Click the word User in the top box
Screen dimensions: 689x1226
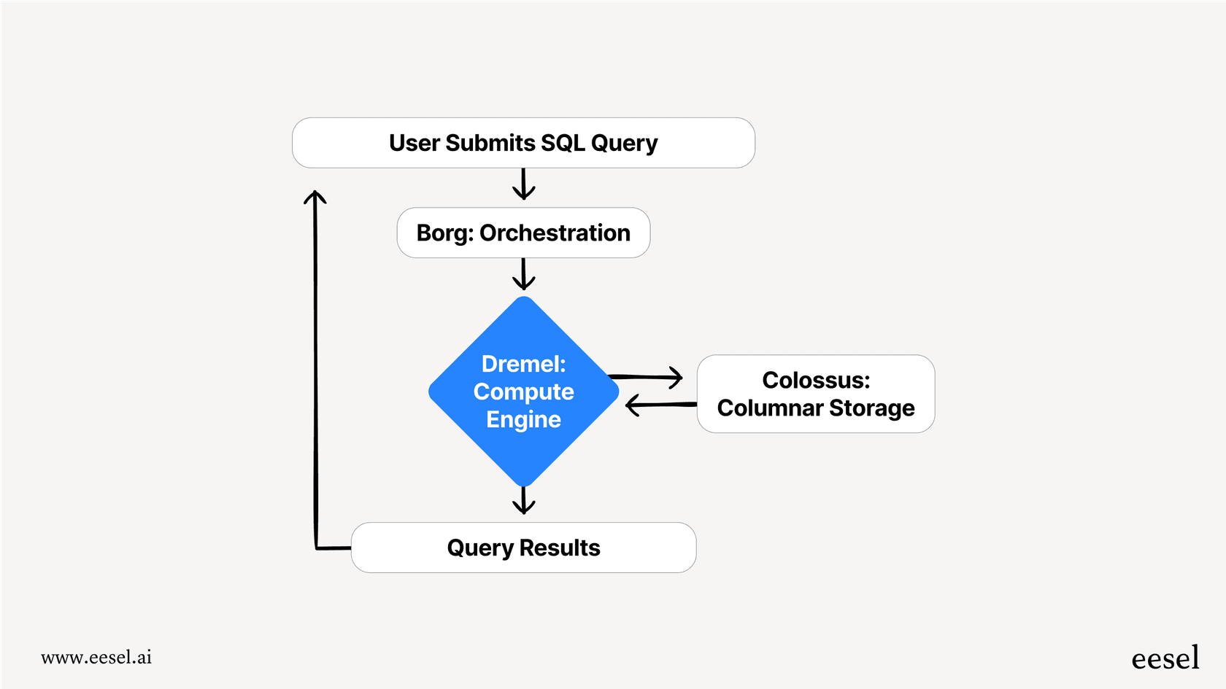point(414,143)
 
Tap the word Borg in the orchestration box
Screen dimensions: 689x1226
point(444,233)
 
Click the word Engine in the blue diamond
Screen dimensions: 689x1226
point(523,419)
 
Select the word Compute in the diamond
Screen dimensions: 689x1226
point(523,392)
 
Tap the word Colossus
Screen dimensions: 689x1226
point(815,380)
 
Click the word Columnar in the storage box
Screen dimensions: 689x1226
point(770,408)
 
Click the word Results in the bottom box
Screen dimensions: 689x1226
point(560,548)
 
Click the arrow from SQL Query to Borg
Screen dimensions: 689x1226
point(523,184)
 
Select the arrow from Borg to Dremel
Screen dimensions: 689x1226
point(523,275)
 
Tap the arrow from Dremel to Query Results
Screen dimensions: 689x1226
point(523,501)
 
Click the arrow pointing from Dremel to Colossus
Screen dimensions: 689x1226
point(646,377)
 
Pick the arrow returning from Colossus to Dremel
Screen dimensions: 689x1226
point(660,405)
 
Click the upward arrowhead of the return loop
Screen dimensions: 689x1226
point(315,196)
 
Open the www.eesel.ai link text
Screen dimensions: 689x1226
point(96,657)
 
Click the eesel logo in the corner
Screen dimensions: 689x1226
point(1165,658)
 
